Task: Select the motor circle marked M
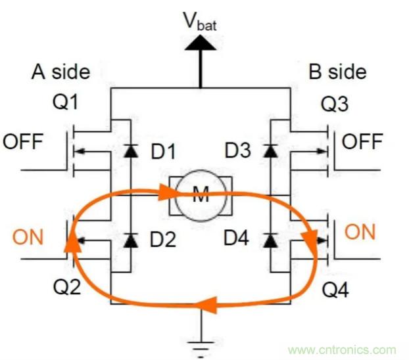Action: coord(200,195)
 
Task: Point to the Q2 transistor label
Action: coord(65,286)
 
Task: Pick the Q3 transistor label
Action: coord(336,104)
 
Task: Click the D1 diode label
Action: coord(164,152)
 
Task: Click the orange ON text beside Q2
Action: coord(28,236)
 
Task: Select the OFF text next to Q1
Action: coord(25,141)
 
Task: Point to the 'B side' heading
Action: coord(337,72)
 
